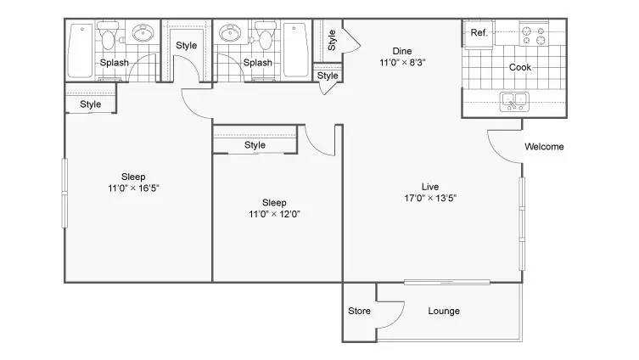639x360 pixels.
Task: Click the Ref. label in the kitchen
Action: [x=479, y=33]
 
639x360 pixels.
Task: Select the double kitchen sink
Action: [x=513, y=102]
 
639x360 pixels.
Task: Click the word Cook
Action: [x=519, y=67]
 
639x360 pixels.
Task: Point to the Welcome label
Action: [x=544, y=147]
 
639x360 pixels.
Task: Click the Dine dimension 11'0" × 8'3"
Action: [x=401, y=62]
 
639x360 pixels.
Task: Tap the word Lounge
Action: [x=443, y=311]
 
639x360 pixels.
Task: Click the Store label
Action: [x=360, y=311]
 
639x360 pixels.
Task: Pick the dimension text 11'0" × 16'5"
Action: [x=133, y=188]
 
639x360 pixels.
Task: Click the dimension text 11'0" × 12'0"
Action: [x=274, y=214]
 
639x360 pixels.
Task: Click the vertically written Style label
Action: [x=332, y=39]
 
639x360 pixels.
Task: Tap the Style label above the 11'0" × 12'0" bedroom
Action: [x=255, y=145]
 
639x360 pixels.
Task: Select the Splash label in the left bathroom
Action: [x=115, y=63]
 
